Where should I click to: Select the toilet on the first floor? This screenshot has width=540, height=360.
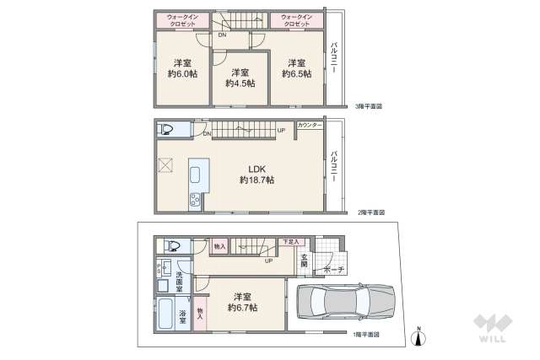[x=172, y=245]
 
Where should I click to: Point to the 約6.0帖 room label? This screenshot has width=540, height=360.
[x=181, y=68]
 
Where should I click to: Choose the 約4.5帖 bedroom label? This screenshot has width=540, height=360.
[x=240, y=78]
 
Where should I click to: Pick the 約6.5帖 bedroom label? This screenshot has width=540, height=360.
[x=295, y=68]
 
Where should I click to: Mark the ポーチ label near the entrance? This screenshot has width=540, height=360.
[x=322, y=270]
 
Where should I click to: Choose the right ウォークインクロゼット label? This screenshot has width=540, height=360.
[x=296, y=20]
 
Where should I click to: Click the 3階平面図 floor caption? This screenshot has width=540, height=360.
[x=369, y=106]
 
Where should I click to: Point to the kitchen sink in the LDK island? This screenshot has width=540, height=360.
[x=196, y=175]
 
